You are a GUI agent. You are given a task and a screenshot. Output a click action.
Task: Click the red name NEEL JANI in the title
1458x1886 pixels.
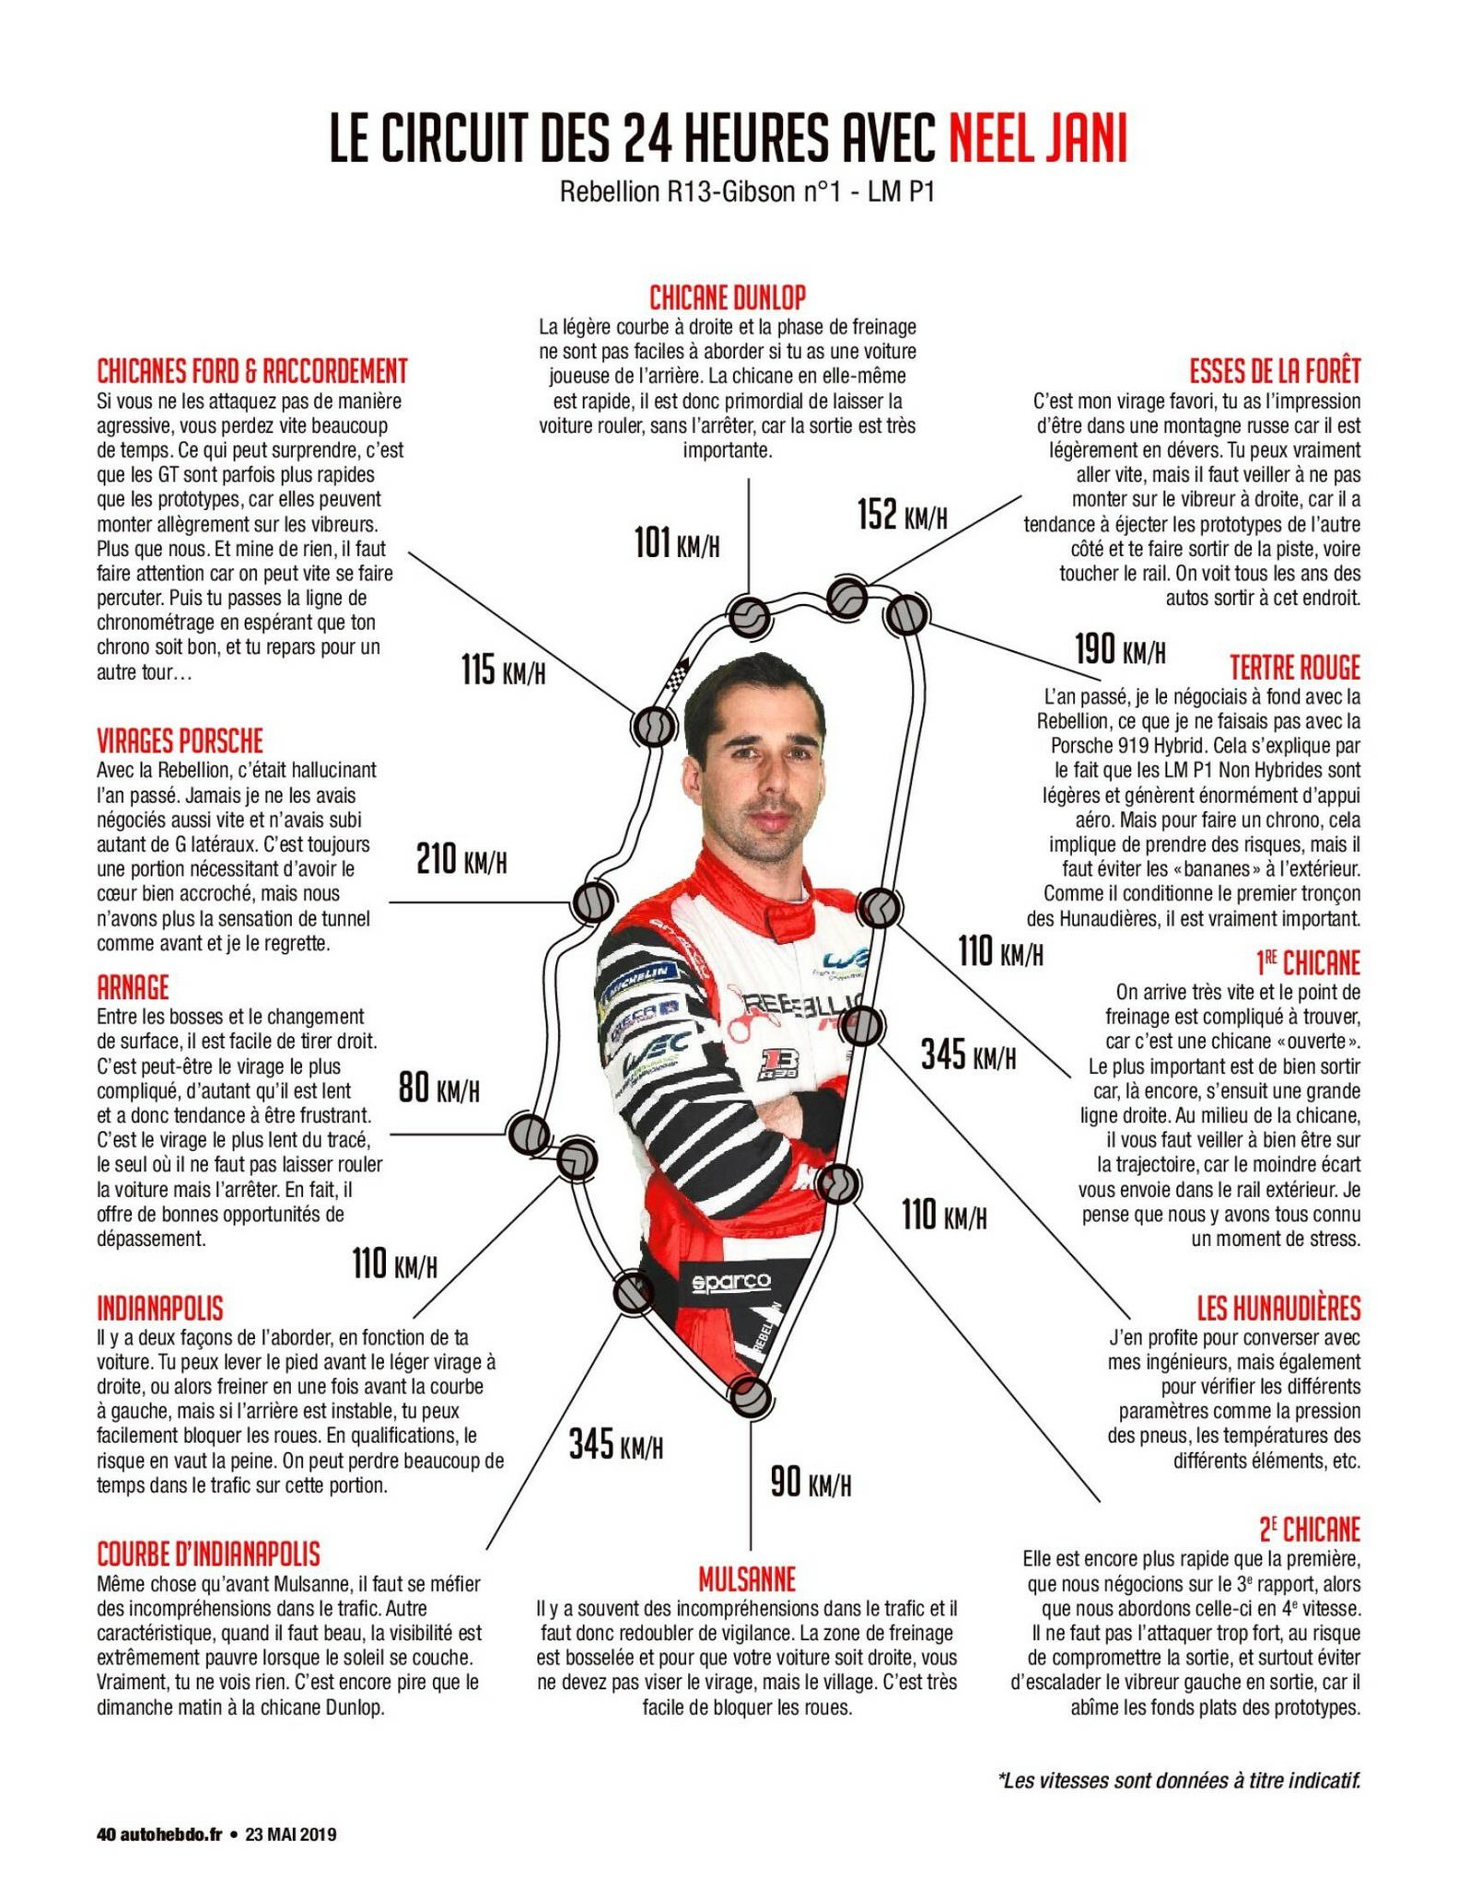point(1037,139)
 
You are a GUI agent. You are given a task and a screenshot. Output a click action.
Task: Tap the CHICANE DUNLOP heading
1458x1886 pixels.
point(728,297)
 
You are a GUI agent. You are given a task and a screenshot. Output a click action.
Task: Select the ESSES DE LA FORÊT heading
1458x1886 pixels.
point(1275,371)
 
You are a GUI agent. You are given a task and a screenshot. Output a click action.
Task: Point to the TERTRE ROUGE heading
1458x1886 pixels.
point(1295,668)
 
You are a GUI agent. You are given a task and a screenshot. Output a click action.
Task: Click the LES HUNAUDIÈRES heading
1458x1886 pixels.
point(1278,1308)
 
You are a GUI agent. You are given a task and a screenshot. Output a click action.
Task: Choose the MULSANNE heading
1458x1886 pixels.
point(746,1580)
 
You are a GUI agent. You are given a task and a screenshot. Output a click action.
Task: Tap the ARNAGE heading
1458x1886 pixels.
point(134,987)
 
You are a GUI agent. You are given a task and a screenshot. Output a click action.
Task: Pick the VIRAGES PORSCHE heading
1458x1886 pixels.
point(181,740)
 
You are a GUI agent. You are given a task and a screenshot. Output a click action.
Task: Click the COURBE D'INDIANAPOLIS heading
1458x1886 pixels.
point(209,1554)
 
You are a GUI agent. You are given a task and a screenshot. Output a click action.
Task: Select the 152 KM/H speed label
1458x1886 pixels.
point(902,515)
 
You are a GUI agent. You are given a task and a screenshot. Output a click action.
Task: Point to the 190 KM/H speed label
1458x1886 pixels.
point(1120,649)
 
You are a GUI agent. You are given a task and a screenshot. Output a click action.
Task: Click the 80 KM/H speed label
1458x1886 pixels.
point(438,1089)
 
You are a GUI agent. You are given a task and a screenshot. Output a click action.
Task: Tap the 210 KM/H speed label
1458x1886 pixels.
point(461,859)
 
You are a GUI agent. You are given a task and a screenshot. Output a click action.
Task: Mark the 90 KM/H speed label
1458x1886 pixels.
point(811,1482)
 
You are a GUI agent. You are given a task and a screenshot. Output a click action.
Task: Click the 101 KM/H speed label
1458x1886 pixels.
point(677,542)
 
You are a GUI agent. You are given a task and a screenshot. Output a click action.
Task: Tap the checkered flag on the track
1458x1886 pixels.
point(677,675)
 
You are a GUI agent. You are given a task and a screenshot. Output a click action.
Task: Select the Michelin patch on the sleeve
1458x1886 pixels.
point(639,978)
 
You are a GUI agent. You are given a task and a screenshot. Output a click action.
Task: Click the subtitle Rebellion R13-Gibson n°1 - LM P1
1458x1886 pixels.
point(747,192)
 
